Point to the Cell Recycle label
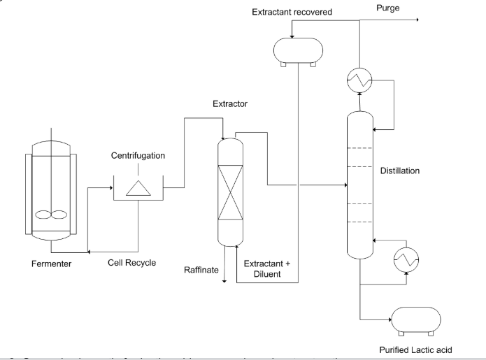pos(132,264)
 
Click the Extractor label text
pos(231,104)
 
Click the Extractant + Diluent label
pos(267,269)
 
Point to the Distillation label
pos(409,170)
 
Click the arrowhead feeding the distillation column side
pos(345,186)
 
